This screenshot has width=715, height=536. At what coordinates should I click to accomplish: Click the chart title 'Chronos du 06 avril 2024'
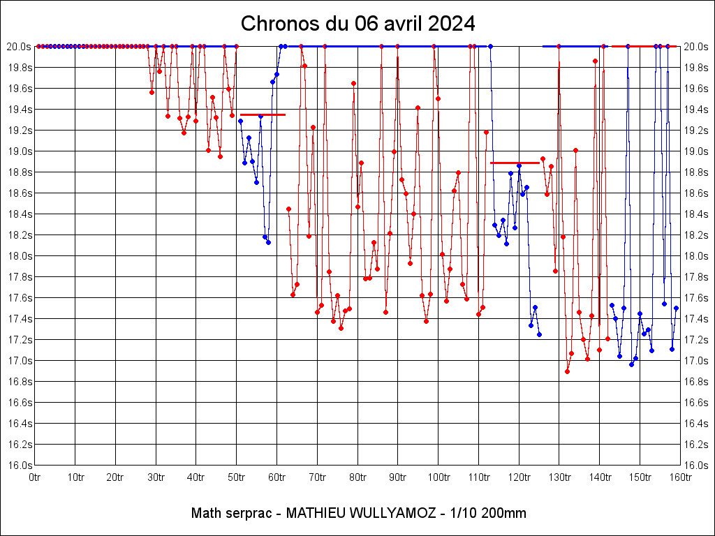click(357, 24)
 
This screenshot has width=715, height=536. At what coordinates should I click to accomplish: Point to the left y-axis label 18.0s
click(19, 256)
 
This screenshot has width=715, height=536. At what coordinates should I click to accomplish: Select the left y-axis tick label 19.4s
click(19, 110)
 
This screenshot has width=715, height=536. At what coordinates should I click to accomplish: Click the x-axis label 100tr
click(438, 477)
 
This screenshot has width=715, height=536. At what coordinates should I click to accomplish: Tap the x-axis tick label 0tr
click(35, 477)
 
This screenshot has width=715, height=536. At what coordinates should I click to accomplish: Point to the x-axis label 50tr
click(237, 477)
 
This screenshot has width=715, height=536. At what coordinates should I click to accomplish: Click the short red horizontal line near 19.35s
click(263, 114)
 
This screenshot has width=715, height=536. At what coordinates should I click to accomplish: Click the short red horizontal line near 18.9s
click(515, 163)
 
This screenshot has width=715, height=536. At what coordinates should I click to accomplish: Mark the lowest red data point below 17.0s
click(568, 371)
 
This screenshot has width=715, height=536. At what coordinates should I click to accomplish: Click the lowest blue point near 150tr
click(631, 364)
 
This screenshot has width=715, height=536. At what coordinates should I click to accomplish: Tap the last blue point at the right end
click(676, 308)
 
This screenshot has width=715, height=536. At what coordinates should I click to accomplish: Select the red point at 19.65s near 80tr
click(353, 83)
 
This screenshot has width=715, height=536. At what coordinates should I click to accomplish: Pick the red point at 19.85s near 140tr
click(595, 61)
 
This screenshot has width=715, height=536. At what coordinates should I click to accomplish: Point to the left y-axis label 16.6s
click(19, 403)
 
